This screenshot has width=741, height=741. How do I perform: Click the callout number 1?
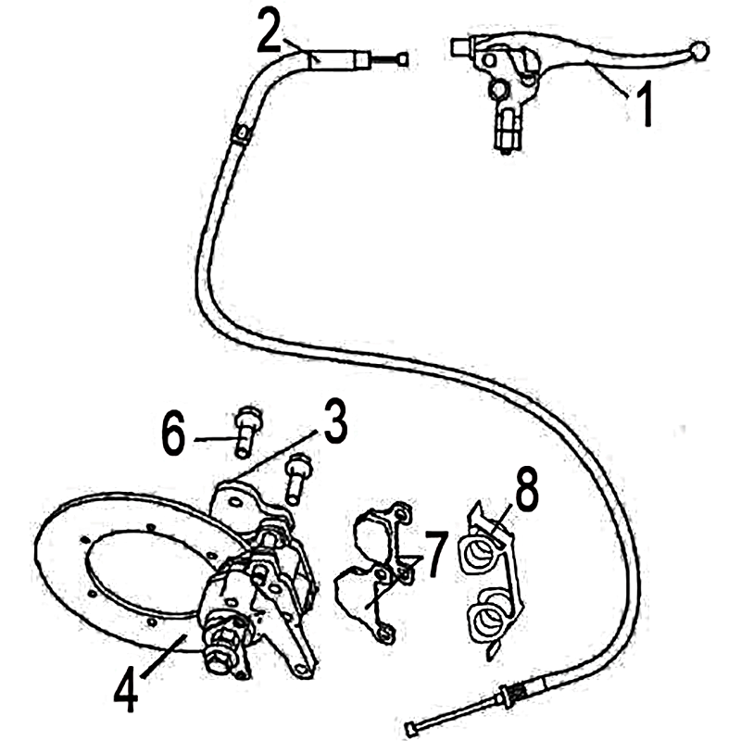[x=644, y=104]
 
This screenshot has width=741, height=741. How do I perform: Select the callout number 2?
[x=269, y=31]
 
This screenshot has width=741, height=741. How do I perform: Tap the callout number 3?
[x=335, y=421]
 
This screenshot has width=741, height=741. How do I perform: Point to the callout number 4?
[x=126, y=687]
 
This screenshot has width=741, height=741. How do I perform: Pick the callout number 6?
[x=173, y=433]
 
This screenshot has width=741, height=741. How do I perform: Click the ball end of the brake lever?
[x=699, y=50]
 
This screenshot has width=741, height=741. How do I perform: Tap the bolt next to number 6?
[x=246, y=433]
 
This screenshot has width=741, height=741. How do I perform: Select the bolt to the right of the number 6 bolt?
[x=296, y=479]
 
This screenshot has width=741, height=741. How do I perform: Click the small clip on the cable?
[x=241, y=135]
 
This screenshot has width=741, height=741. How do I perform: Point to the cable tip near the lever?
[x=403, y=59]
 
